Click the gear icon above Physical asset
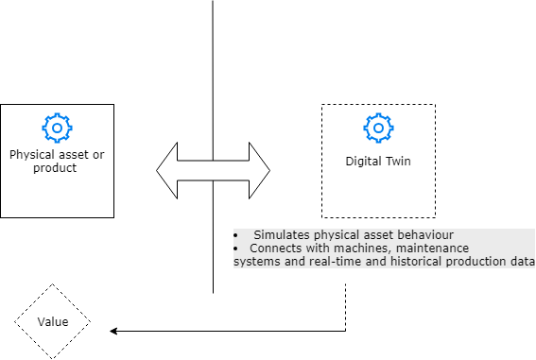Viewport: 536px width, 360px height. click(57, 127)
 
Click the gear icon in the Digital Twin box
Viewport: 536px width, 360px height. click(378, 127)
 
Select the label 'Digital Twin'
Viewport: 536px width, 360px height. click(378, 162)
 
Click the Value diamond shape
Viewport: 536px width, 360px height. click(52, 322)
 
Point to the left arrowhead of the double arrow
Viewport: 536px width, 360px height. click(167, 171)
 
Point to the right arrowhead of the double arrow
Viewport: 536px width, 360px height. click(259, 171)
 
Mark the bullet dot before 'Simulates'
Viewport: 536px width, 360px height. click(236, 234)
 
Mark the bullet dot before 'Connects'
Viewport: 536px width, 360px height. click(236, 248)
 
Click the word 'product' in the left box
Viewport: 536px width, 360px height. click(55, 167)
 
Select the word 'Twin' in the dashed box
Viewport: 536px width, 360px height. click(397, 162)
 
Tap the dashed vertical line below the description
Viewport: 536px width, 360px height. click(346, 302)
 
